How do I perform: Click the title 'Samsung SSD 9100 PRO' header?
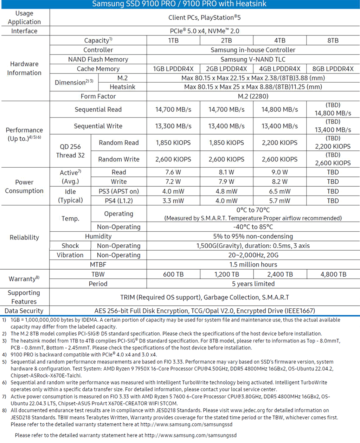tap(179, 4)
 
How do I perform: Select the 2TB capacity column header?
tap(226, 40)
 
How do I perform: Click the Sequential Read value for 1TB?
tap(173, 109)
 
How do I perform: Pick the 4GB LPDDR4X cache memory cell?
tap(280, 69)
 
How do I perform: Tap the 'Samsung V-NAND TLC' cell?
tap(253, 59)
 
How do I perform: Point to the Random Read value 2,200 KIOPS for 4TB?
tap(280, 143)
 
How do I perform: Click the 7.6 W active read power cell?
tap(173, 172)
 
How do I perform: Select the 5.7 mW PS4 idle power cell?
tap(280, 201)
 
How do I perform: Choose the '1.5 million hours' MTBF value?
tap(253, 264)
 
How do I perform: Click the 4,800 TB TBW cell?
tap(333, 274)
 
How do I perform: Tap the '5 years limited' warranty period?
tap(253, 284)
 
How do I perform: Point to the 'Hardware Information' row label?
tap(24, 68)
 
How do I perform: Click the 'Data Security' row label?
tap(24, 311)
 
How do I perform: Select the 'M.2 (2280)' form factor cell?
tap(253, 96)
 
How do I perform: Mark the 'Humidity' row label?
tap(98, 236)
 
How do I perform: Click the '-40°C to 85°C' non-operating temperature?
tap(253, 227)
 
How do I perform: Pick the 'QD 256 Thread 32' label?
tap(70, 151)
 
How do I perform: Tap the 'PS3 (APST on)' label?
tap(119, 191)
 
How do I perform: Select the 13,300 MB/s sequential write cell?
tap(173, 126)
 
